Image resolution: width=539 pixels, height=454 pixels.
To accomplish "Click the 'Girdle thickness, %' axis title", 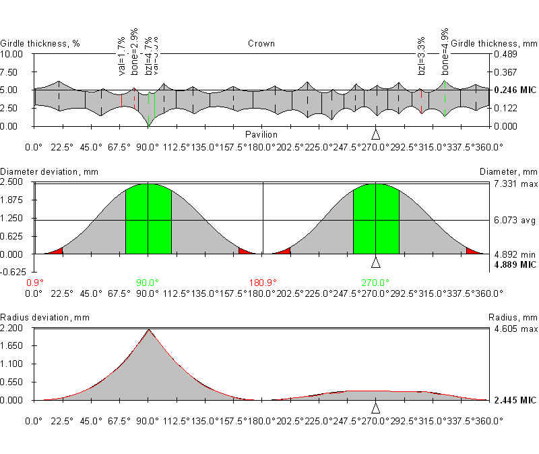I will click(40, 44).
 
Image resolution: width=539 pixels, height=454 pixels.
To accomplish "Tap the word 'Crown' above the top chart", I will click(261, 44).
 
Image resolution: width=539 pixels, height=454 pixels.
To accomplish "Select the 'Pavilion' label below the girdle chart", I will click(261, 134).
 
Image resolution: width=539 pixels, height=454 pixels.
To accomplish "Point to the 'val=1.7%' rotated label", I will click(121, 57).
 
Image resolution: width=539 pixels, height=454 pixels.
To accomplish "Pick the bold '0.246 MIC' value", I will click(515, 90).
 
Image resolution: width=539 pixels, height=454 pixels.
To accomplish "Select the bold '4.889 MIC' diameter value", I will click(515, 265).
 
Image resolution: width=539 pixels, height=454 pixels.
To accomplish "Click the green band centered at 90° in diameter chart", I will click(148, 219).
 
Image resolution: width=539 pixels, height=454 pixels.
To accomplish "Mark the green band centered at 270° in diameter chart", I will click(376, 219).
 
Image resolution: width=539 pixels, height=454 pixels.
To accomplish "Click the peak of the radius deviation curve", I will click(148, 330).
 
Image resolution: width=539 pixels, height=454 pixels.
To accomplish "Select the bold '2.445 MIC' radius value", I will click(515, 401).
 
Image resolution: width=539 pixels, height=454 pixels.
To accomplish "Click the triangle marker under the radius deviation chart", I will click(376, 408).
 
